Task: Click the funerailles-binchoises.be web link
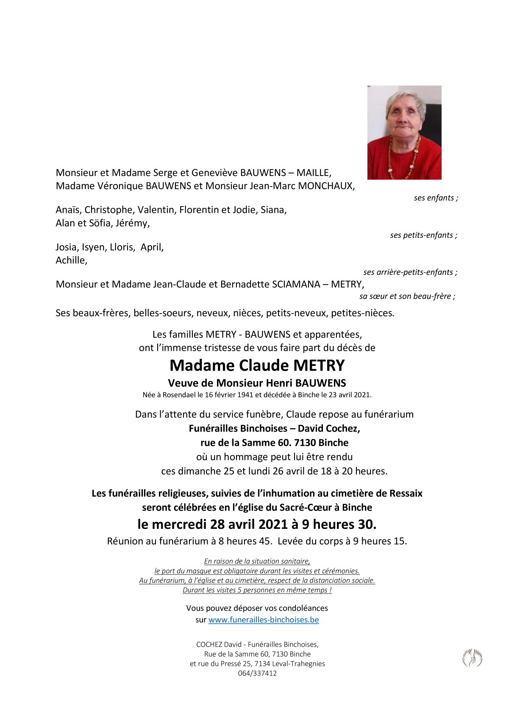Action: tap(263, 620)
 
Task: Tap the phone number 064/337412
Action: tap(257, 673)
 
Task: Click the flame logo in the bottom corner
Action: tap(472, 658)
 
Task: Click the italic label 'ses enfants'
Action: tap(434, 198)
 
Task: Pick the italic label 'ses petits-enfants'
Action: tap(422, 235)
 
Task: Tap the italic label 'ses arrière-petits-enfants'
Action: tap(409, 272)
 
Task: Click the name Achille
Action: tap(71, 260)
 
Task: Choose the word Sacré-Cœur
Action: tap(307, 507)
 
